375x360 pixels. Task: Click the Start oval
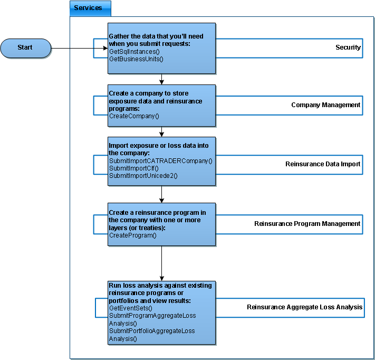point(26,48)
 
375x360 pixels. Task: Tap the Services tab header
point(90,8)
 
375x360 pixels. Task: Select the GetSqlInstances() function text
point(134,51)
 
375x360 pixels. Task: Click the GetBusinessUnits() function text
point(136,59)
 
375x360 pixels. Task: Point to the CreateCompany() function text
point(134,116)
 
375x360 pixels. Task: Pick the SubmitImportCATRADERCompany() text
point(160,161)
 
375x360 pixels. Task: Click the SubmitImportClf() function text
point(133,168)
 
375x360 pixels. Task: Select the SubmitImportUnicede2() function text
point(143,176)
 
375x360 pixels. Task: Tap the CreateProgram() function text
point(133,235)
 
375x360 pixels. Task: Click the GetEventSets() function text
point(131,308)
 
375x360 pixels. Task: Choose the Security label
point(348,48)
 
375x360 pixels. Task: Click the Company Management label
point(326,105)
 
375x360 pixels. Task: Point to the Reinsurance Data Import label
point(323,164)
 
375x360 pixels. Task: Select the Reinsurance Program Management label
point(307,224)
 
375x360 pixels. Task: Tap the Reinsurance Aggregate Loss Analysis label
point(304,307)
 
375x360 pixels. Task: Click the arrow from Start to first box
point(80,48)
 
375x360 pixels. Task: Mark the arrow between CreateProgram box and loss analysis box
point(162,263)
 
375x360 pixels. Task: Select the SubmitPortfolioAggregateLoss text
point(152,331)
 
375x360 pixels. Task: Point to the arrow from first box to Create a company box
point(162,79)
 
